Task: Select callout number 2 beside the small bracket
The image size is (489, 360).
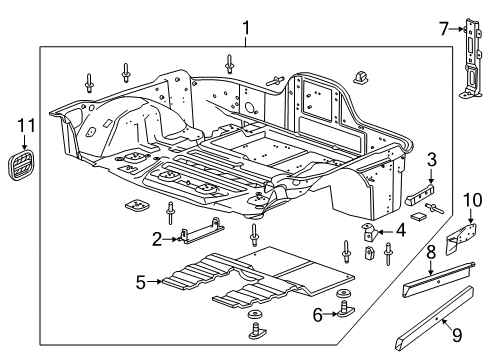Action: click(x=157, y=237)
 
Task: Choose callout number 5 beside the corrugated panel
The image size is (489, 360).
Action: click(x=140, y=282)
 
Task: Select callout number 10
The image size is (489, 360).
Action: click(x=470, y=204)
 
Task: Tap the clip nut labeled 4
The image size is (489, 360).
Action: click(x=369, y=232)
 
